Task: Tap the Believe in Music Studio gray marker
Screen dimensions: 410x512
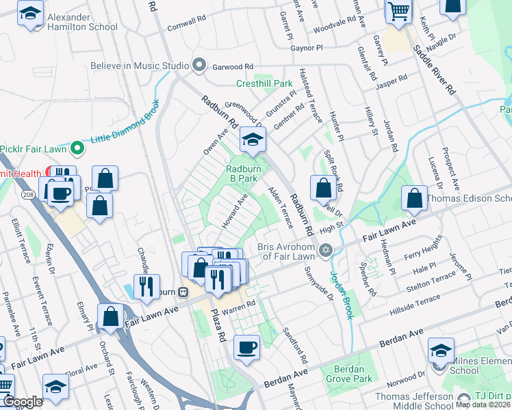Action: coord(199,66)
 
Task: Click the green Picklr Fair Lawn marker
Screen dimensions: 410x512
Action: coord(77,147)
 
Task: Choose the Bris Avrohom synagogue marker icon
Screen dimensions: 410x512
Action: coord(327,251)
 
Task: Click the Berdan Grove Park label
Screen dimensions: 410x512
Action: coord(353,374)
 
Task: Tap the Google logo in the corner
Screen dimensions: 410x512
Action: coord(22,402)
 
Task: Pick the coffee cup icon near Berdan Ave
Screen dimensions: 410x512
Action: coord(246,347)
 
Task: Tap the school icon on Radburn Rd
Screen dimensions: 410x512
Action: coord(253,140)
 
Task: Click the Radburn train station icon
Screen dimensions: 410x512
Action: coord(183,292)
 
